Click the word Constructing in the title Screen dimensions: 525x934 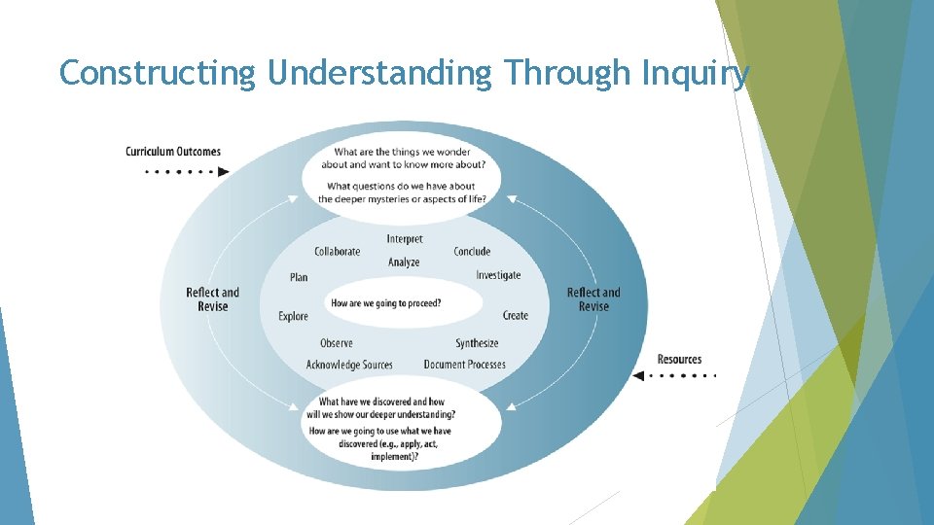tap(156, 73)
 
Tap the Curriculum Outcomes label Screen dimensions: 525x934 tap(173, 152)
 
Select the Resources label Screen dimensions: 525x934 tap(679, 360)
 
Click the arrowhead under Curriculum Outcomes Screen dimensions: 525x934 tap(224, 172)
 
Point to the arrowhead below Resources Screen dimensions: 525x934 tap(638, 375)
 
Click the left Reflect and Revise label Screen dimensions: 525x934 tap(212, 299)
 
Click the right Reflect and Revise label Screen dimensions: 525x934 tap(593, 299)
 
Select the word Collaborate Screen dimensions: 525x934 tap(337, 252)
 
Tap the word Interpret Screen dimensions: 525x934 tap(405, 239)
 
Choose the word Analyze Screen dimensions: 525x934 tap(404, 262)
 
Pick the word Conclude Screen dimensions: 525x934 tap(472, 252)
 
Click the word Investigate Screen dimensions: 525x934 tap(498, 275)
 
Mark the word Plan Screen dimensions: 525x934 tap(299, 277)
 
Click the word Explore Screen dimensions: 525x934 tap(293, 316)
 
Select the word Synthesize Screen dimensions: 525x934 tap(477, 343)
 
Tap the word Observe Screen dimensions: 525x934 tap(337, 343)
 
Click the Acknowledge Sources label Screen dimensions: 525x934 tap(349, 365)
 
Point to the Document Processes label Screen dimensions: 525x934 tap(464, 365)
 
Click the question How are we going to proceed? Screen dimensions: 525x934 tap(386, 303)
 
